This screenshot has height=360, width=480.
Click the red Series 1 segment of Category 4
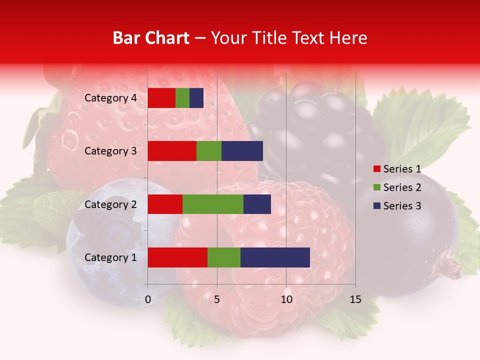point(161,98)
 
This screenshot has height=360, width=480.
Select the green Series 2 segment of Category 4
point(182,98)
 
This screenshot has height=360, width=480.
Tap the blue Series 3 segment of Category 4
point(196,98)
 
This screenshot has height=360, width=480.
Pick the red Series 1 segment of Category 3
point(172,151)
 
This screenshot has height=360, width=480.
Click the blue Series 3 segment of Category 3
point(242,151)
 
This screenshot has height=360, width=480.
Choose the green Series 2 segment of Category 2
point(213,204)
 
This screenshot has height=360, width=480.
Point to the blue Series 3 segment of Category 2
point(257,204)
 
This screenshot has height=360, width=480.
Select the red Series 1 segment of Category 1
point(177,257)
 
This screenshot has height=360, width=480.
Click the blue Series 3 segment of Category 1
point(275,257)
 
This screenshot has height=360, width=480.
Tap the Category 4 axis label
point(110,98)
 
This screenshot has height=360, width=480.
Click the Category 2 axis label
point(110,204)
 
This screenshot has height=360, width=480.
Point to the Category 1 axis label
point(110,257)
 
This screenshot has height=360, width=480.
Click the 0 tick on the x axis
point(148,299)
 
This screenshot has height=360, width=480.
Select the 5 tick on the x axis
point(217,299)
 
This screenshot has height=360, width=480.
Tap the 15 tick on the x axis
point(355,299)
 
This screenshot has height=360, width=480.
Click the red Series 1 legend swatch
point(376,169)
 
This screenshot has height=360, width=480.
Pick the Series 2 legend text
point(402,187)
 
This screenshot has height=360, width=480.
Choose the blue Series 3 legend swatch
point(376,206)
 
